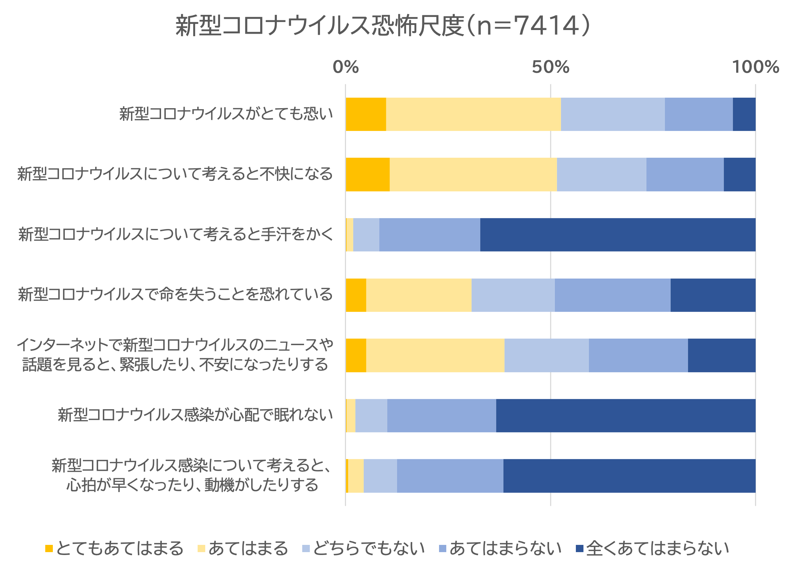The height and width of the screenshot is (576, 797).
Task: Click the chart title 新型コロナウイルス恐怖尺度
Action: pos(383,26)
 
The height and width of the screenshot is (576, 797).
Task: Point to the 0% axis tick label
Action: pos(346,67)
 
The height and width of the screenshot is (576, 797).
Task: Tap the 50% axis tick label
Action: pos(551,67)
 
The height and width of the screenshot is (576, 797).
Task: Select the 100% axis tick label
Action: pos(755,67)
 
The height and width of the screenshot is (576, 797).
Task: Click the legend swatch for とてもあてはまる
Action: pos(49,549)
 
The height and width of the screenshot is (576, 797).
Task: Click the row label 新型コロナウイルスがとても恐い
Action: pos(226,114)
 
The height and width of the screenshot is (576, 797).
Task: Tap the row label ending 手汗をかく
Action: pos(176,234)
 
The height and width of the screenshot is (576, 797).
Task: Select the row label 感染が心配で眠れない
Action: pos(195,415)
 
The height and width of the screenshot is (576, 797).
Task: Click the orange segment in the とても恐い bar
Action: pos(366,114)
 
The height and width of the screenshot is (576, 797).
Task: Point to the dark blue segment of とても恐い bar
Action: pos(744,114)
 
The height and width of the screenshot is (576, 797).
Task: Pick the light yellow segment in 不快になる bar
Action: pos(473,174)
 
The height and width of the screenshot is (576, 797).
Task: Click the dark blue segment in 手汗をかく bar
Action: pos(617,234)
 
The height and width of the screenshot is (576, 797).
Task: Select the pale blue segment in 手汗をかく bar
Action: pos(366,234)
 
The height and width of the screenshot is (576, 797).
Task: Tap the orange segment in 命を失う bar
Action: pos(356,295)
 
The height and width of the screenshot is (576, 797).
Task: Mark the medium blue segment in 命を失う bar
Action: pos(612,295)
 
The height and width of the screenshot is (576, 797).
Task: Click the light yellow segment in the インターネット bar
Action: pos(435,355)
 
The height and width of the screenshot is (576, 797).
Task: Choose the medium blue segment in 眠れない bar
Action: pos(441,415)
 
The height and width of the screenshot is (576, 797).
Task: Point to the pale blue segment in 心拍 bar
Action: pos(380,476)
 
